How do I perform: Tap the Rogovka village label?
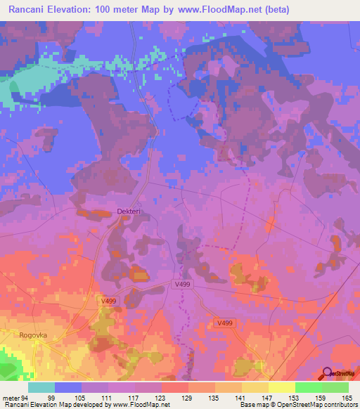pyautogui.click(x=33, y=335)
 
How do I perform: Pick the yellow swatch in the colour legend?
pyautogui.click(x=281, y=387)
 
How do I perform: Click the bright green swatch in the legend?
pyautogui.click(x=308, y=387)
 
